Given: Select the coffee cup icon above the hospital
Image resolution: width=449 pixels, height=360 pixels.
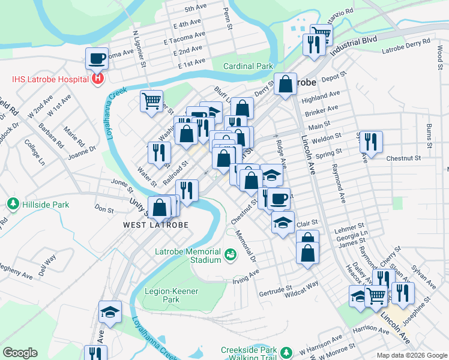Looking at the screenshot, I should tap(97, 59).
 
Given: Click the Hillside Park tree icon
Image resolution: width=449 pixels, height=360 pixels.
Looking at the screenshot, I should tap(13, 205).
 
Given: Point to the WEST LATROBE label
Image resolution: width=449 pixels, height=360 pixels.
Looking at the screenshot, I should tap(155, 225).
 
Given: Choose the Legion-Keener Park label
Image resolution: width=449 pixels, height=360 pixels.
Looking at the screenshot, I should tap(171, 295).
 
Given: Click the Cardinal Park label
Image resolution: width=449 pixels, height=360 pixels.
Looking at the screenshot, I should tap(248, 66).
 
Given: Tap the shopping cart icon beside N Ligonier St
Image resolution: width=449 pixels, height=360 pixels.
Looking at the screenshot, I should tap(151, 100).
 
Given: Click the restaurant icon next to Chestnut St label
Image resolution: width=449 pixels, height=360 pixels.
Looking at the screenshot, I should tap(371, 142).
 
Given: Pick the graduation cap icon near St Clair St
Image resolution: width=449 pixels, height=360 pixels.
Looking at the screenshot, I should tap(283, 223).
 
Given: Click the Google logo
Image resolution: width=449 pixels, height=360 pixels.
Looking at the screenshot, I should tap(20, 353).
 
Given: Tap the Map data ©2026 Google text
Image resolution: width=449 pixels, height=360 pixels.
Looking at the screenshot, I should tap(412, 355).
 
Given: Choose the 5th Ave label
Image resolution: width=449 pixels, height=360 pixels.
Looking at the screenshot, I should tap(196, 9).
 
